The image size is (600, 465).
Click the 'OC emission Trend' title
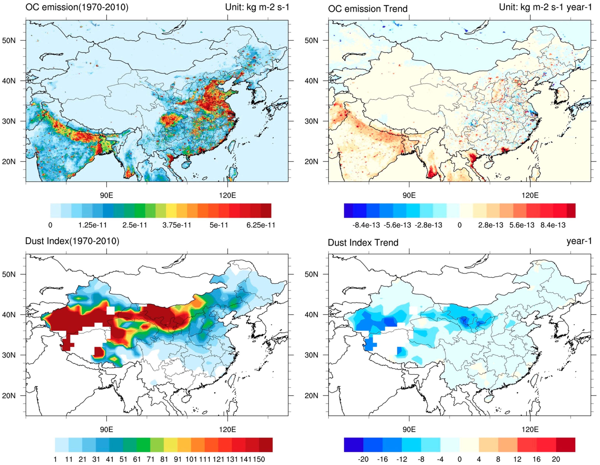368,9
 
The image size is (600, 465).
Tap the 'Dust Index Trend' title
363,242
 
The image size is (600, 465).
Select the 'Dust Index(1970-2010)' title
72,241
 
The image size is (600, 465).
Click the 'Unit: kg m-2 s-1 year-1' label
545,7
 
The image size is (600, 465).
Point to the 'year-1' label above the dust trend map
579,241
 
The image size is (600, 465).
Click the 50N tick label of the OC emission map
9,41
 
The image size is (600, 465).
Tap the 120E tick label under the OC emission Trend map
530,195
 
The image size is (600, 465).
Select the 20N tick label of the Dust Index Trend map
311,396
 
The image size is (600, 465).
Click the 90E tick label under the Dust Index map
106,429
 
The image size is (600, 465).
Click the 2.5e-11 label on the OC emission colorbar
135,225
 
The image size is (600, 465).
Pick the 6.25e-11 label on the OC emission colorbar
260,225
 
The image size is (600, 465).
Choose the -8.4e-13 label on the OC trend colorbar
366,225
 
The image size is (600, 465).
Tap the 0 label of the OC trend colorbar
459,225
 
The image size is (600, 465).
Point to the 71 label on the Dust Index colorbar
150,459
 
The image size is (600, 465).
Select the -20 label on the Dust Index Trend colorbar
363,459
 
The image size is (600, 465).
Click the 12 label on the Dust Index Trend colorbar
517,459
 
